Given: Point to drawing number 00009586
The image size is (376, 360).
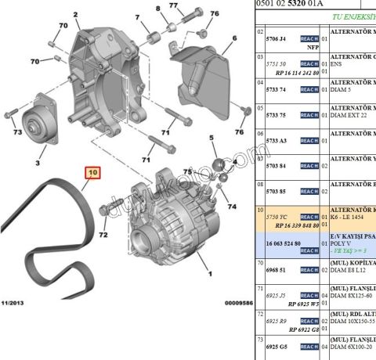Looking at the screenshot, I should coord(235,302).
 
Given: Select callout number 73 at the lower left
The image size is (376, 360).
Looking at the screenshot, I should coord(17,133).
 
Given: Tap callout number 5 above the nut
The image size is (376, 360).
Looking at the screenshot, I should coord(211,139).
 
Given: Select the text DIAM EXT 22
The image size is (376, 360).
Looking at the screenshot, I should coord(352,115).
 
